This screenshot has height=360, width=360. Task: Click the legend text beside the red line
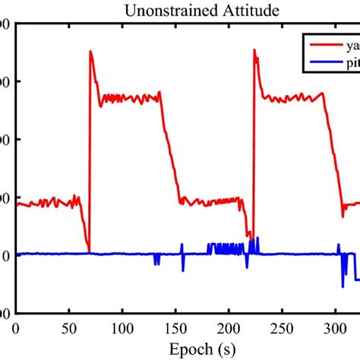(351, 43)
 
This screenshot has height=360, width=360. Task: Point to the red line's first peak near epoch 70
(90, 52)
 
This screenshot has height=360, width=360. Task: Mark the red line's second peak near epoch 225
(254, 50)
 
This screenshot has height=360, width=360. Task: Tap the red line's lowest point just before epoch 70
(89, 251)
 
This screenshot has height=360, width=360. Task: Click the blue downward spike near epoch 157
(183, 270)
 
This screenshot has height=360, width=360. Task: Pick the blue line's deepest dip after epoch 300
(343, 286)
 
